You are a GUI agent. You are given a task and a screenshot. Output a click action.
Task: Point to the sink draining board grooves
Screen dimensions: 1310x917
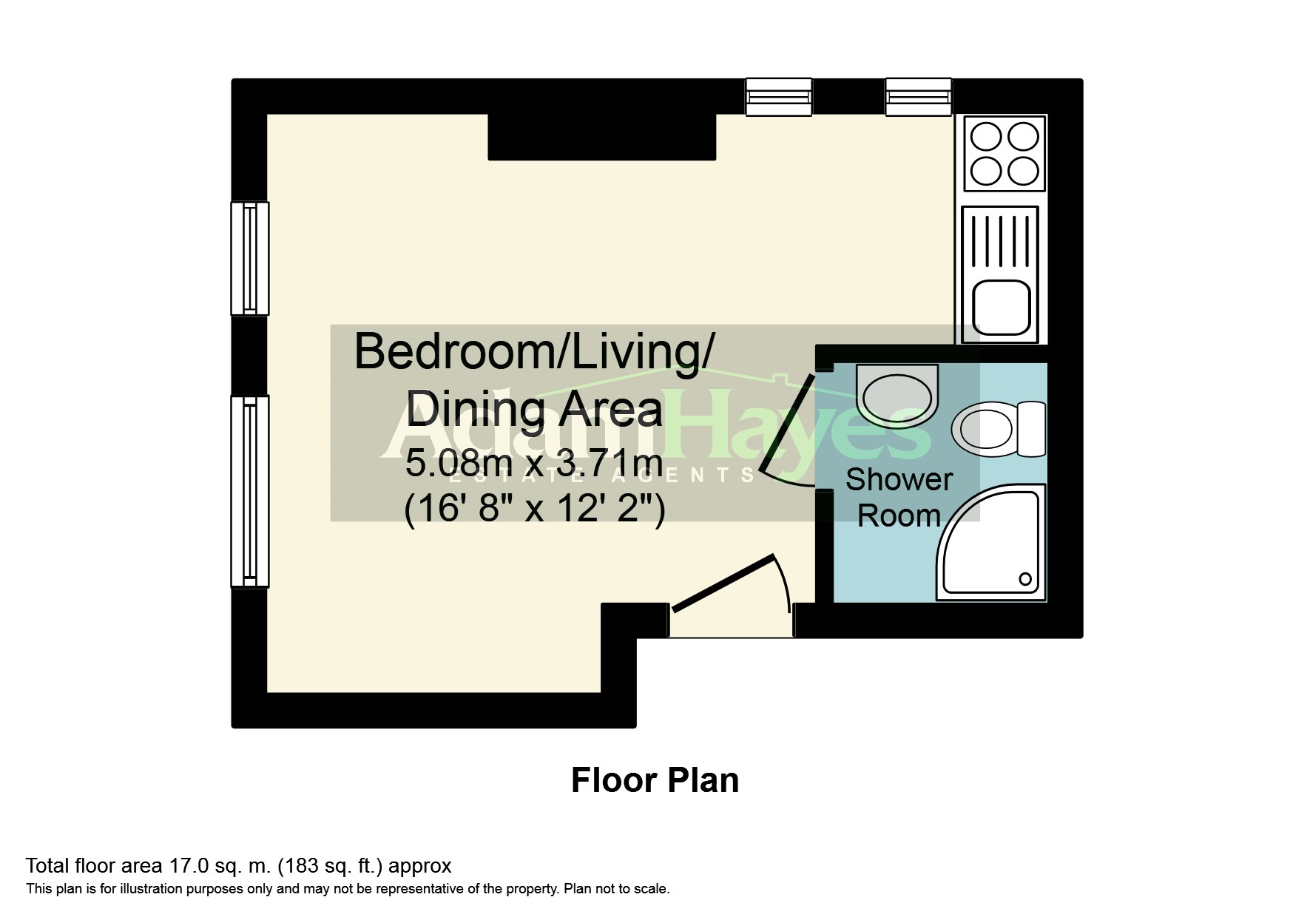(x=1000, y=241)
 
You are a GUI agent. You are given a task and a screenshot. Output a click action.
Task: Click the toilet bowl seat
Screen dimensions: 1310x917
(x=982, y=430)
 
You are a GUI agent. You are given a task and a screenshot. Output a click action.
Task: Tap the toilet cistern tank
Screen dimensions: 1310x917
(x=1031, y=430)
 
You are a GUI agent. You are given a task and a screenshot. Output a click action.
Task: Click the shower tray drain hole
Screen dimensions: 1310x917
(x=1025, y=578)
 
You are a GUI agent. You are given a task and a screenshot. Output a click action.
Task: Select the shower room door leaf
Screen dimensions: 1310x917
(x=787, y=424)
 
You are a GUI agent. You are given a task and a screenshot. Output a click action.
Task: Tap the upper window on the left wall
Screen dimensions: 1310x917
(x=250, y=258)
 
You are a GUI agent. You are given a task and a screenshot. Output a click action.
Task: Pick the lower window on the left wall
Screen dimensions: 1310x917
(x=250, y=492)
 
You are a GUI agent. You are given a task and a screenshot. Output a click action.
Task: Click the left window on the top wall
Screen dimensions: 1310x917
(x=779, y=98)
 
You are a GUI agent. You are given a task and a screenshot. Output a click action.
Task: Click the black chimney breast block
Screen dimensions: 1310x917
(x=602, y=138)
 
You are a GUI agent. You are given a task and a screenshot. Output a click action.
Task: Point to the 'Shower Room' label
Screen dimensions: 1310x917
(x=899, y=498)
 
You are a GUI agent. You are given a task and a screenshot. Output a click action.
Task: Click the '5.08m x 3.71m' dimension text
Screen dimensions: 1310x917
(x=533, y=464)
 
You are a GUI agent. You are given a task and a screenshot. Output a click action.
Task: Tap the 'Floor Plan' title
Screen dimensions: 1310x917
(x=655, y=780)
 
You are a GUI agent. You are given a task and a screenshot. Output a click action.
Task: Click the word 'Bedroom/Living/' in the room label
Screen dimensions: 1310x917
(x=534, y=353)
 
